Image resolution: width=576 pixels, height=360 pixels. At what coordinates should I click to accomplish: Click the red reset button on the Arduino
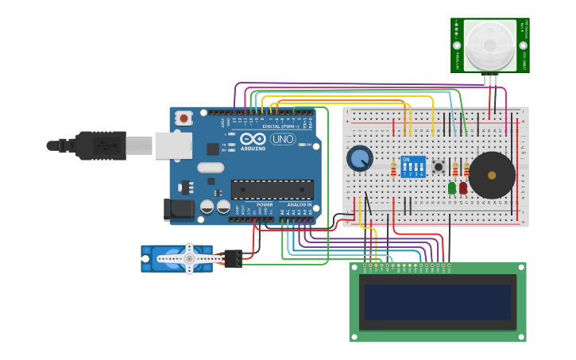point(184,118)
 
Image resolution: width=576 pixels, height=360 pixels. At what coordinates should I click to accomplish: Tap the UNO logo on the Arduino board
point(282,139)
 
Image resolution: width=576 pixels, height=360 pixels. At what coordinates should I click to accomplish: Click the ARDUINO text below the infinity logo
point(253,149)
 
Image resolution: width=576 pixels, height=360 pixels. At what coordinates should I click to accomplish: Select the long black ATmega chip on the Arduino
point(272,189)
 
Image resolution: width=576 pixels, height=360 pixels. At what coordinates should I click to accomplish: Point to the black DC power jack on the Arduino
point(178,209)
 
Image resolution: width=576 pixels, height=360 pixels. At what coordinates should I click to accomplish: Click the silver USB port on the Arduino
point(173,145)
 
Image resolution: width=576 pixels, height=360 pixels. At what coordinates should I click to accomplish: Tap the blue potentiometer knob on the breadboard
point(360,158)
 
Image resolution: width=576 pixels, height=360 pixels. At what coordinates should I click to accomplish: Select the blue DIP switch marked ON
point(413,167)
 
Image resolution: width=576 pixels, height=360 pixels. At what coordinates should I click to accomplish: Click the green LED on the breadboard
point(452,188)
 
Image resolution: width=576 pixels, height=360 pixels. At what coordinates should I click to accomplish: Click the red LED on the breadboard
point(463,188)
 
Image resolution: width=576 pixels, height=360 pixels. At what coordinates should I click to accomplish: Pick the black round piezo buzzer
point(492,176)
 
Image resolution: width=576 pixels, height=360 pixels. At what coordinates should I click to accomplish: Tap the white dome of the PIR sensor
point(490,45)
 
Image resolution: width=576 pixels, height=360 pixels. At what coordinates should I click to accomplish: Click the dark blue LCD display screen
point(438,302)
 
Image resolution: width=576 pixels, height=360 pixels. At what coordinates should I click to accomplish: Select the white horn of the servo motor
point(188,258)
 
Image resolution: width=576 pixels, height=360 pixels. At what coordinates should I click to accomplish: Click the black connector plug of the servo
point(233,258)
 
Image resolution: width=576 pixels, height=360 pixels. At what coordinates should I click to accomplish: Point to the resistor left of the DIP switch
point(393,168)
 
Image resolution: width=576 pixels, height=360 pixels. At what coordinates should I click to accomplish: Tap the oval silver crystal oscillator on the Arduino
point(211,168)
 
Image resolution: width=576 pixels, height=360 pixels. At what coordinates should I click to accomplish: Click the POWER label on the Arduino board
point(265,204)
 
